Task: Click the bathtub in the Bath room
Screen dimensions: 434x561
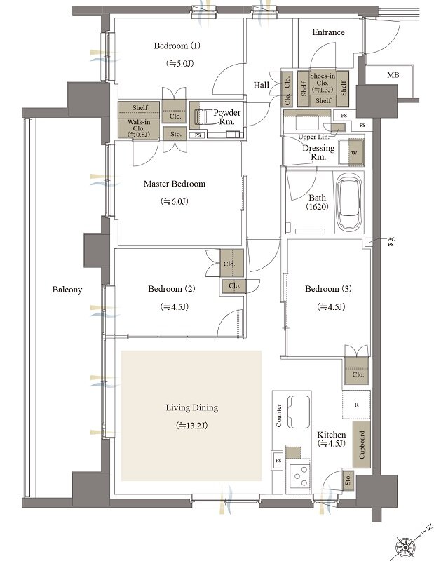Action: coord(351,202)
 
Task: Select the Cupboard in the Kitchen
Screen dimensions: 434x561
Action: coord(361,445)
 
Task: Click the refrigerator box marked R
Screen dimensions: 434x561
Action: coord(356,405)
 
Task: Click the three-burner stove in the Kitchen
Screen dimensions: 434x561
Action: coord(299,475)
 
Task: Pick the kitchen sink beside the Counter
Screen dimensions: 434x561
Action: coord(299,412)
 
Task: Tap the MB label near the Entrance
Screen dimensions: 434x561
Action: coord(393,75)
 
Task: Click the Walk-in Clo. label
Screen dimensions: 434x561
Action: coord(139,128)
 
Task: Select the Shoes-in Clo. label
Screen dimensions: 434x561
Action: coord(323,83)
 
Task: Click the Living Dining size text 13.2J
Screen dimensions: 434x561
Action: coord(192,426)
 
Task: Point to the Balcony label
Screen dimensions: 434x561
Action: coord(67,290)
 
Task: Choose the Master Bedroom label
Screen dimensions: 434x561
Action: coord(175,184)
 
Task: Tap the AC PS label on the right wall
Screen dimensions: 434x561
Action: coord(391,241)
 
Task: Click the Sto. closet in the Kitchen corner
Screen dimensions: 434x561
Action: coord(348,480)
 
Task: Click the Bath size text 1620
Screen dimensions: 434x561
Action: coord(317,207)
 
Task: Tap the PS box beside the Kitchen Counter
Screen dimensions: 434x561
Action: coord(278,461)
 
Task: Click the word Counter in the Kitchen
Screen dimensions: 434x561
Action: coord(279,415)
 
